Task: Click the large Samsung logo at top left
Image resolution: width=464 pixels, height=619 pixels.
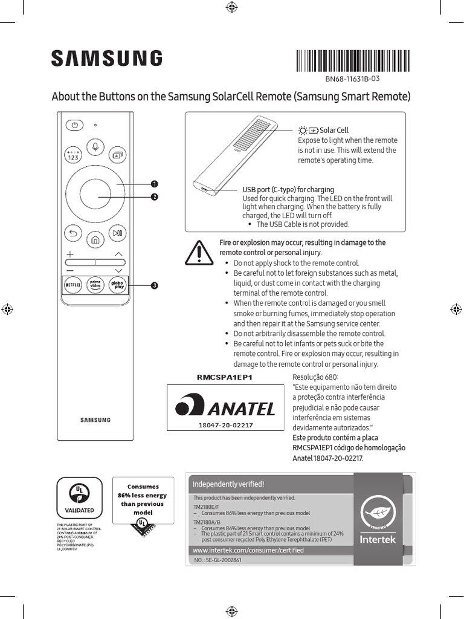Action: [106, 59]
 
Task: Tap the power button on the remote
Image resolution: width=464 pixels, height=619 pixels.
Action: [73, 125]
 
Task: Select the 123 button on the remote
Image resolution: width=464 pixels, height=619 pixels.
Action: [73, 154]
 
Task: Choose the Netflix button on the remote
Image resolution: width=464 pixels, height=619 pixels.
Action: [73, 285]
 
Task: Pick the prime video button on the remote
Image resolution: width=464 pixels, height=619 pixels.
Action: [95, 285]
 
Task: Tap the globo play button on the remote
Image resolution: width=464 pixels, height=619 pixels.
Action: [117, 285]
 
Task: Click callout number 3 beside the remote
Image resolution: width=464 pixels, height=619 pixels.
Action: [155, 285]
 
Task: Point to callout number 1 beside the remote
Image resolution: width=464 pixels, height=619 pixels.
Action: [155, 183]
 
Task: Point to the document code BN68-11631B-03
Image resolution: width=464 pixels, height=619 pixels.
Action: [352, 79]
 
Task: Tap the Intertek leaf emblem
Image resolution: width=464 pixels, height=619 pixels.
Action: [378, 511]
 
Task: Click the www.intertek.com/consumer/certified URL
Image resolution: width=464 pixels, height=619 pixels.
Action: [248, 551]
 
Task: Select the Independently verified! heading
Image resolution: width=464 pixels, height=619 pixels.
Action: [228, 484]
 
